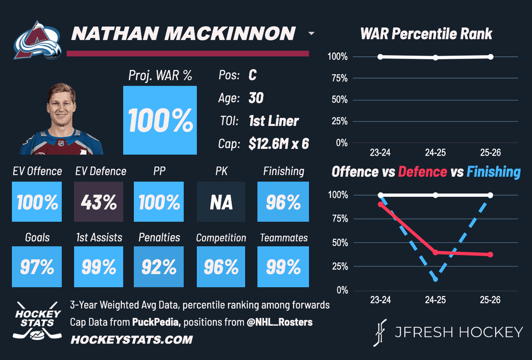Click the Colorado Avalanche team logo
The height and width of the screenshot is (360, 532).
coord(37,42)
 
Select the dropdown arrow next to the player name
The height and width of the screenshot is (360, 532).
coord(311,34)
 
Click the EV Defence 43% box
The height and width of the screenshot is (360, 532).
coord(98,203)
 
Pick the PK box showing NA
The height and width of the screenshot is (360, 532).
coord(221,203)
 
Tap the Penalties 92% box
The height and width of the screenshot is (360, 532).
coord(159,266)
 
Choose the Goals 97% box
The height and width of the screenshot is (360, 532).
coord(37,266)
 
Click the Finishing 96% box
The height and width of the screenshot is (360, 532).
coord(283,203)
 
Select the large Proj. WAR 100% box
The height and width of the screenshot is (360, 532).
coord(160,120)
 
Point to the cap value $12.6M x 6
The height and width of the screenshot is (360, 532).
coord(279,144)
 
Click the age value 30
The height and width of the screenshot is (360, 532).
coord(256,98)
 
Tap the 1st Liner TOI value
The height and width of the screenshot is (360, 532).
coord(274,121)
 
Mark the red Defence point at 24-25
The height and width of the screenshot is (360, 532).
coord(435,252)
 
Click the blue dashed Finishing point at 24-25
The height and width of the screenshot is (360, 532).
coord(435,279)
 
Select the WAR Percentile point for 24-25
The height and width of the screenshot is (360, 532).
coord(435,58)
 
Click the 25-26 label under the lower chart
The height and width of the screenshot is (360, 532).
coord(490,300)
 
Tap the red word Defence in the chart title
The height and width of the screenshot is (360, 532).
coord(422,172)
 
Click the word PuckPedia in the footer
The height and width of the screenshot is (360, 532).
coord(156,322)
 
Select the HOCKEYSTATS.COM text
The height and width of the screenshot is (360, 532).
coord(132,340)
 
